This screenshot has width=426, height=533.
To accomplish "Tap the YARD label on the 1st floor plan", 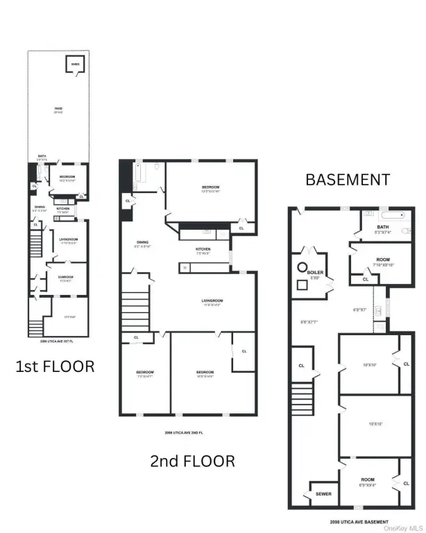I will point(59,108).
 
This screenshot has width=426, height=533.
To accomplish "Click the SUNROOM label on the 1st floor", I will point(66,276).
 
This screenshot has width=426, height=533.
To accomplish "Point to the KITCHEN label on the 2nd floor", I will point(203,251).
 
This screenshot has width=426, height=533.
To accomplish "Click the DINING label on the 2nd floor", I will point(142,244).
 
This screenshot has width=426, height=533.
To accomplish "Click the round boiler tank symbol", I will point(303,266).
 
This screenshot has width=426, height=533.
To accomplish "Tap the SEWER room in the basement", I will point(323,493).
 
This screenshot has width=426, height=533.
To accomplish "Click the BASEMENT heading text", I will point(348,180).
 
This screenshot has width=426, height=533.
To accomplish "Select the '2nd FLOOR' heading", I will point(193,460).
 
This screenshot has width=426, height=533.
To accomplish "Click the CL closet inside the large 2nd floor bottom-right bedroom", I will point(244,351).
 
